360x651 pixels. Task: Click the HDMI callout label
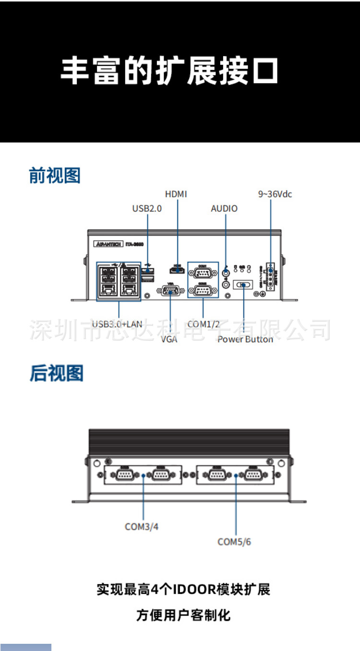click(176, 194)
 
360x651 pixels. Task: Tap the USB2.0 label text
click(147, 208)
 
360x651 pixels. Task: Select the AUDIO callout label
click(224, 208)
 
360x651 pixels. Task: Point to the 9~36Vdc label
click(275, 194)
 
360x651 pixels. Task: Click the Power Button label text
click(245, 339)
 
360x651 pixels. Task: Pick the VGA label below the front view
click(169, 339)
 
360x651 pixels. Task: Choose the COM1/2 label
click(204, 324)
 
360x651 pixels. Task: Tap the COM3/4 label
click(142, 527)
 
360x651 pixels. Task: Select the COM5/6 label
click(234, 542)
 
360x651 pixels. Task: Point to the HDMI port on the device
click(178, 270)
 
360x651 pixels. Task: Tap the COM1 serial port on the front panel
click(202, 272)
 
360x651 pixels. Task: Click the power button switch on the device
click(243, 285)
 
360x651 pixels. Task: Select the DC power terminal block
click(270, 277)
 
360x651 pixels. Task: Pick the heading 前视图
click(55, 176)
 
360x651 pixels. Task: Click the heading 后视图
click(57, 373)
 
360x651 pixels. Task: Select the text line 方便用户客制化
click(183, 615)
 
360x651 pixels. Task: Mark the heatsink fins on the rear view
click(189, 440)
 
